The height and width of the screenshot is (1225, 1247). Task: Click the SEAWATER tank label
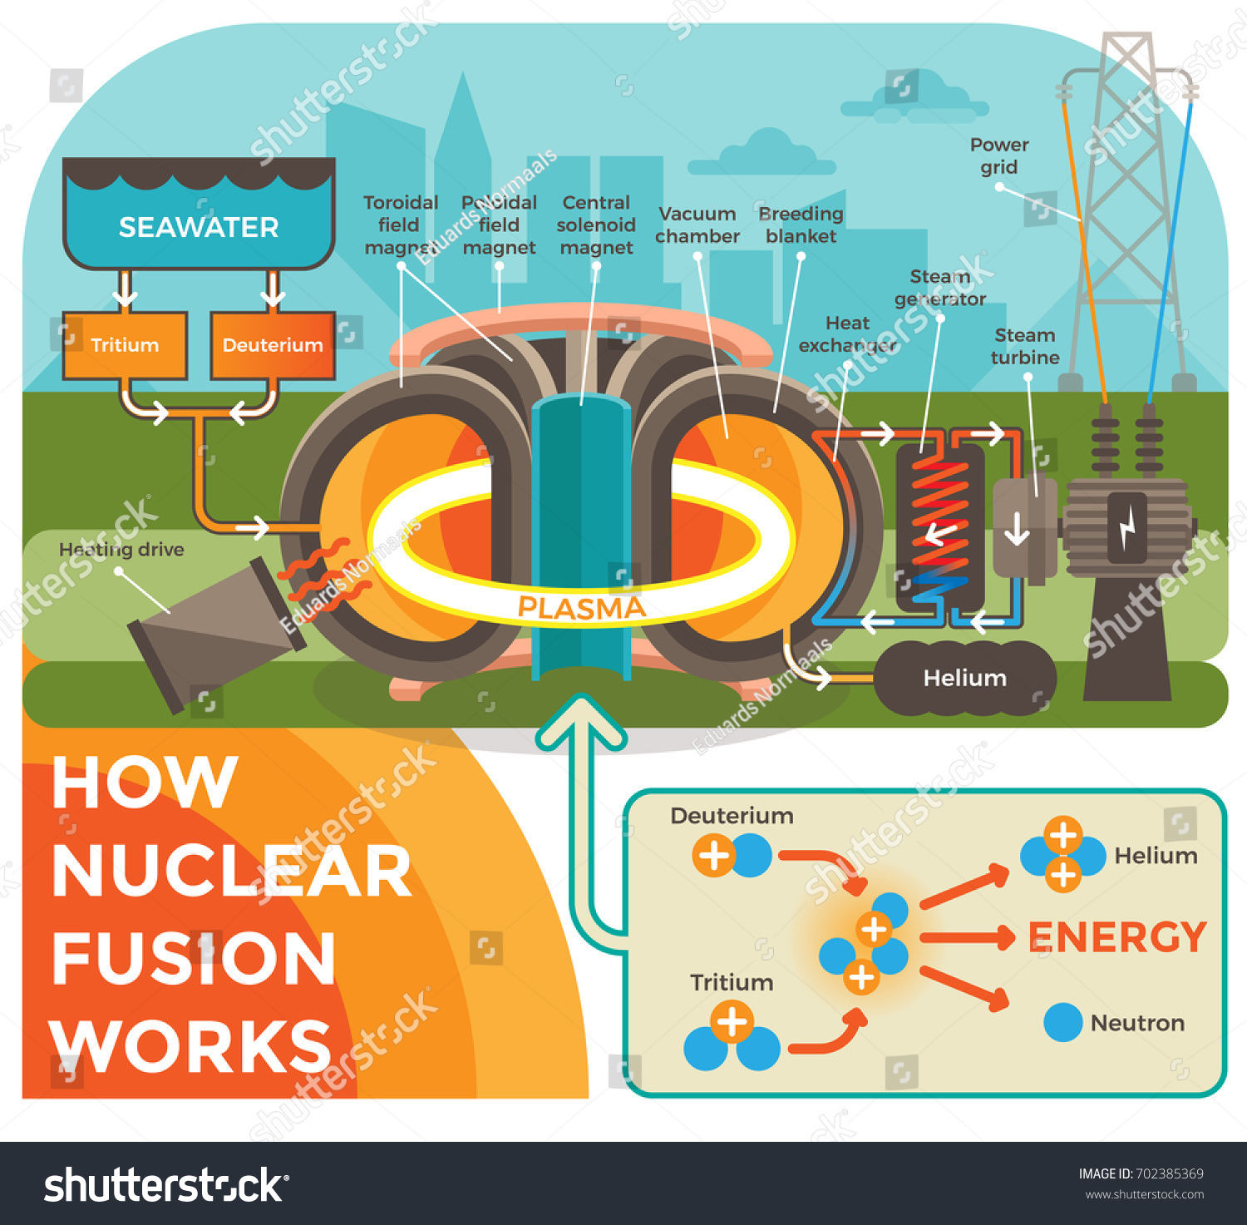click(199, 227)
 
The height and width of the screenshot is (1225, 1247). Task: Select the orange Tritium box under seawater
click(125, 345)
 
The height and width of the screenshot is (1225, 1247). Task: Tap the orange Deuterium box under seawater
click(273, 345)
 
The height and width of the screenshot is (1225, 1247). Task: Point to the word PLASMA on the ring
click(581, 608)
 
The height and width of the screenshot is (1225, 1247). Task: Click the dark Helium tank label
click(965, 678)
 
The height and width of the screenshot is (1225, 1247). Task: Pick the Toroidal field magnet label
click(400, 225)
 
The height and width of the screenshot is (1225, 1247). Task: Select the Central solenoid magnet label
click(596, 225)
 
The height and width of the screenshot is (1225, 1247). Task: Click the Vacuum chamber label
click(697, 225)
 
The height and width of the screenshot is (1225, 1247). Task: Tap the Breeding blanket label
click(801, 225)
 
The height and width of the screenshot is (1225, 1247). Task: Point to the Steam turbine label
click(1025, 347)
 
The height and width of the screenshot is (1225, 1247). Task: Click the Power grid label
click(999, 156)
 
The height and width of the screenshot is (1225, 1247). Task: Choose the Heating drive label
click(121, 550)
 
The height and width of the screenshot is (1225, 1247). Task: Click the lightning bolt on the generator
click(1127, 528)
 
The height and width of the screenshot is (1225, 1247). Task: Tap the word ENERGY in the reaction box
click(1117, 937)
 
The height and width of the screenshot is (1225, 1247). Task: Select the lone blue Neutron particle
click(1062, 1022)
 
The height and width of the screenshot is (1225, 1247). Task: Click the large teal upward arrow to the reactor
click(582, 823)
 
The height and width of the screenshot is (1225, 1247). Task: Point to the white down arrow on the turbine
click(1017, 529)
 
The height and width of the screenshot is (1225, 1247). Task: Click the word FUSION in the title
click(194, 958)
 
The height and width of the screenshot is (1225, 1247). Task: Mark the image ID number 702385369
click(1169, 1174)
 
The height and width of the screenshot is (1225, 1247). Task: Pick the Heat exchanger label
click(847, 334)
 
